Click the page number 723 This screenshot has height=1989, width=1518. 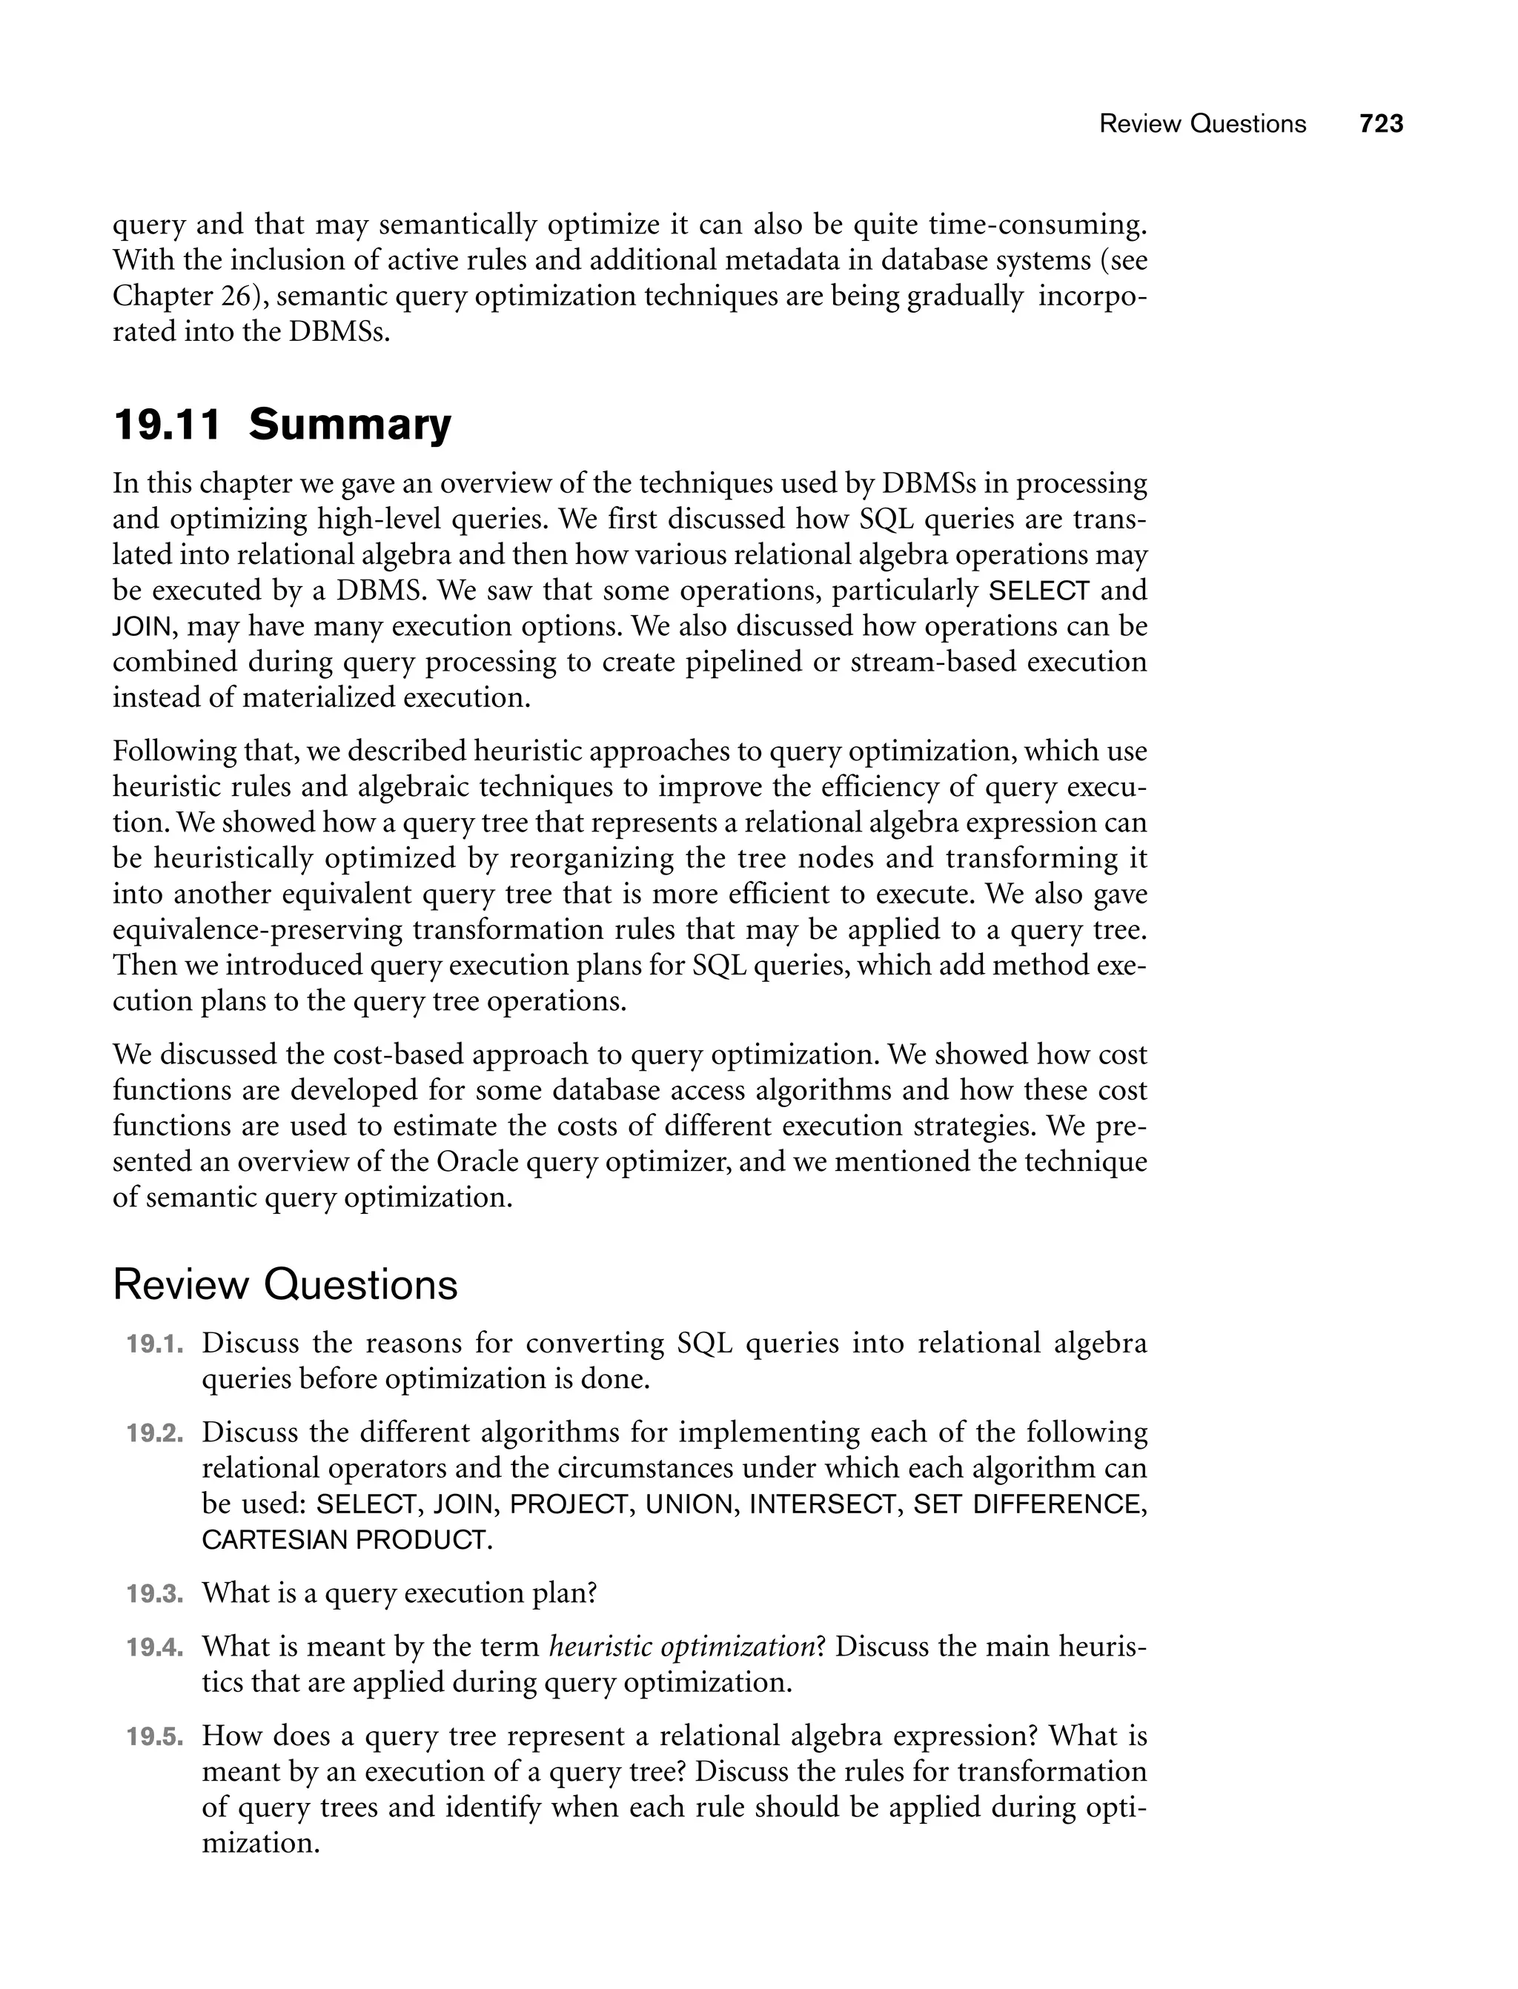click(1381, 124)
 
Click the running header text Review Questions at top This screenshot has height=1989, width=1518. click(1202, 124)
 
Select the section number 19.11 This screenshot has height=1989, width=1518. click(168, 425)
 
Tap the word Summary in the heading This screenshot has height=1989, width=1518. click(350, 425)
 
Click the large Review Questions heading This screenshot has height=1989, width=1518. click(285, 1284)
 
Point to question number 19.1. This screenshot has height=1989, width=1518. click(154, 1344)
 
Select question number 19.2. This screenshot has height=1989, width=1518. click(154, 1433)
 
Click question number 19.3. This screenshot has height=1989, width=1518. click(154, 1594)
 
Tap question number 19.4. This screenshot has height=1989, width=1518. click(154, 1647)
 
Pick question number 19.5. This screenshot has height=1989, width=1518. click(154, 1737)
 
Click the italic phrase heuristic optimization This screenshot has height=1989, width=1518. click(682, 1647)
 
